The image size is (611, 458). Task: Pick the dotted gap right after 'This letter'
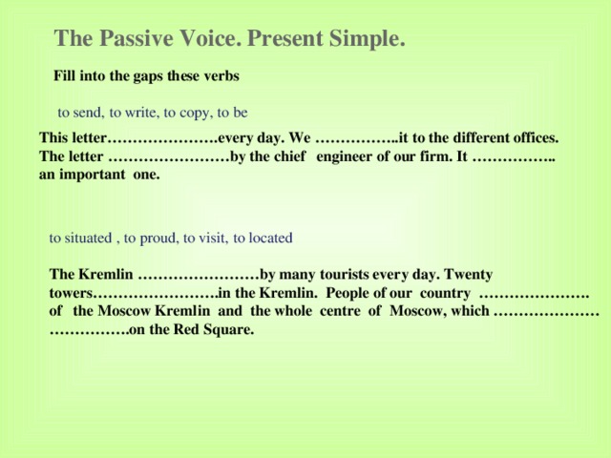tap(163, 137)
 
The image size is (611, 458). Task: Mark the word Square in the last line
tap(230, 330)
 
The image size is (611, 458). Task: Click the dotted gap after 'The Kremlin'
tap(198, 274)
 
